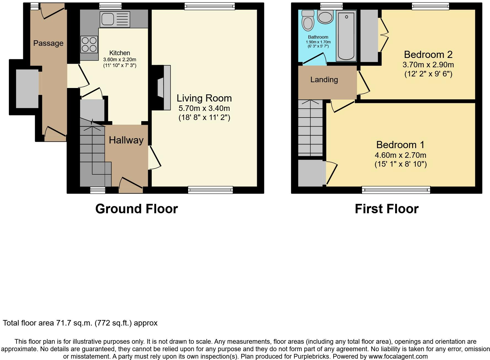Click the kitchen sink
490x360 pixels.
click(115, 19)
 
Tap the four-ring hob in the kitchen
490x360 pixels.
click(89, 44)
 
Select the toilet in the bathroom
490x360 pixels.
click(308, 20)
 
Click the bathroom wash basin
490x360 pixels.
click(326, 17)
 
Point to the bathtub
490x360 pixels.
click(346, 36)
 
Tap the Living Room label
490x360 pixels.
click(204, 98)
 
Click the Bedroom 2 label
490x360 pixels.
click(428, 55)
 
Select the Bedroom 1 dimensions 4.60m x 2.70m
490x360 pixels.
click(401, 155)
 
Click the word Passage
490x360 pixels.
click(48, 43)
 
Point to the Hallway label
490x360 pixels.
click(126, 140)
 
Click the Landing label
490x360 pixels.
click(324, 80)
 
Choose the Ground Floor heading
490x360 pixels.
click(137, 209)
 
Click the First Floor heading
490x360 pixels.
click(387, 209)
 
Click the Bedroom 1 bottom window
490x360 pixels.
click(396, 190)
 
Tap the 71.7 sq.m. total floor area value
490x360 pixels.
click(74, 323)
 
